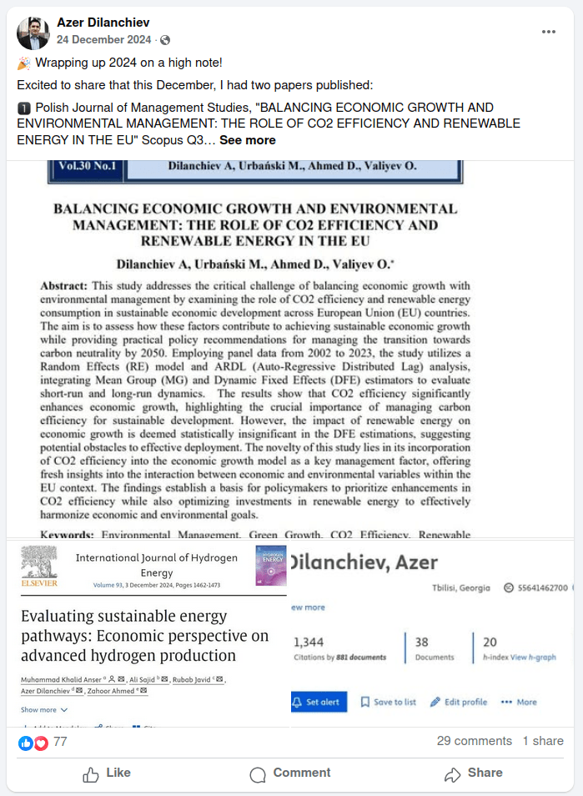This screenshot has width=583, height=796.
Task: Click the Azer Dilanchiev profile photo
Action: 33,33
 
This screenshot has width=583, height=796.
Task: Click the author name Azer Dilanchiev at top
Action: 103,23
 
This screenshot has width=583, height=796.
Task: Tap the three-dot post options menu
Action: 548,32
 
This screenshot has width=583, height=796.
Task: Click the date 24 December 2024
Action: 104,40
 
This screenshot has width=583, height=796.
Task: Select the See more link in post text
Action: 248,140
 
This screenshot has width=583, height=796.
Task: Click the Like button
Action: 107,773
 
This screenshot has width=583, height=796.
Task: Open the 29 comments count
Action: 474,741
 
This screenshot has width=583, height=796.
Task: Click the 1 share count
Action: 543,741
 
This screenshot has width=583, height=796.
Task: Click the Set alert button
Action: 316,702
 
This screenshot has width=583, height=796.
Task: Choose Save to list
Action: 388,702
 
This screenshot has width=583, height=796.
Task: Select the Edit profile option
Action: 458,702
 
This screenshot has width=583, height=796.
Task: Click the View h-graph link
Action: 533,657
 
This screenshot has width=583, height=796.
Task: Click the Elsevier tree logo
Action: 38,564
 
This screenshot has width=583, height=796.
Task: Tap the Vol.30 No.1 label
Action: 88,166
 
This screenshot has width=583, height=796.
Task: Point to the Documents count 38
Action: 422,642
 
